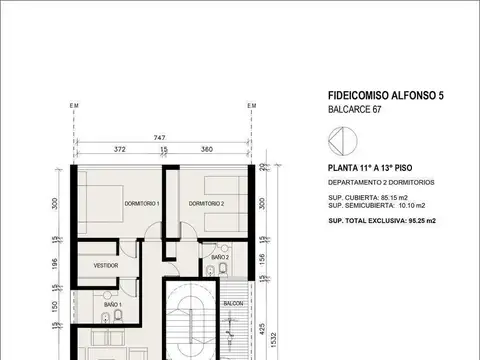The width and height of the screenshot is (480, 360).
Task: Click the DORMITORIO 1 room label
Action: pyautogui.click(x=141, y=203)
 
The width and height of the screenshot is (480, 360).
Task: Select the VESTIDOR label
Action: pyautogui.click(x=106, y=265)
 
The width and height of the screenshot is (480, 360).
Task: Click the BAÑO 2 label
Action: pyautogui.click(x=221, y=258)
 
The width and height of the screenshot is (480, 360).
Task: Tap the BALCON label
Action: pyautogui.click(x=233, y=302)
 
